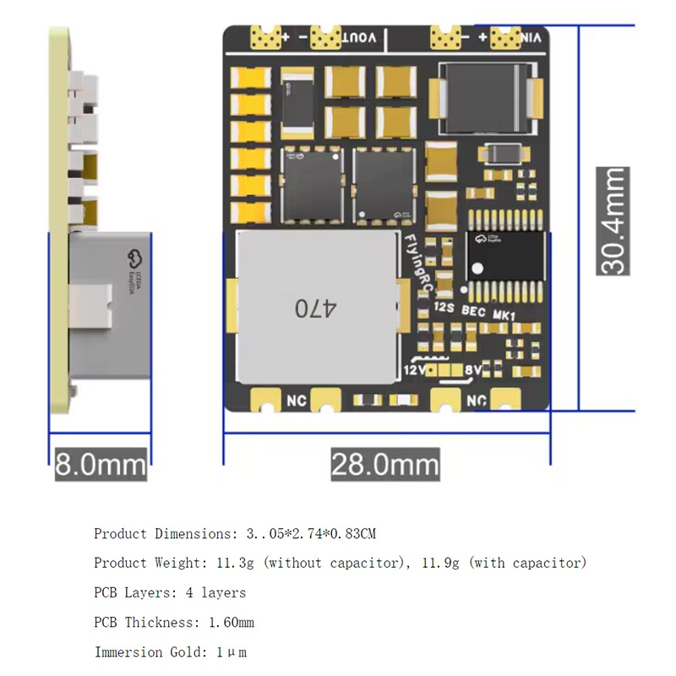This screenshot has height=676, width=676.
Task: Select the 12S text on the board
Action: click(444, 310)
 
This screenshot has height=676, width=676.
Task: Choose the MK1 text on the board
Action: click(504, 314)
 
